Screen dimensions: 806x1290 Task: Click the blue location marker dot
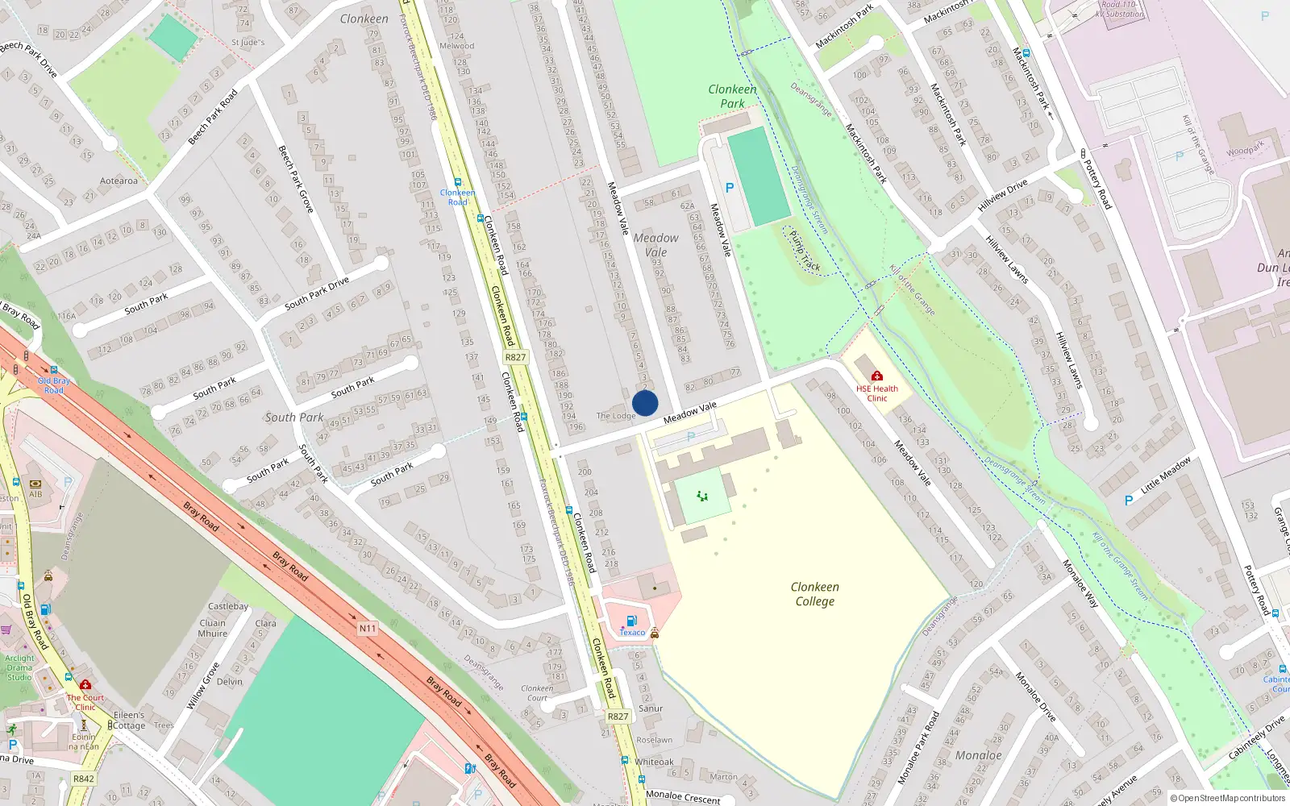[645, 403]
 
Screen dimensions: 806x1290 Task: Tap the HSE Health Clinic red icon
[877, 376]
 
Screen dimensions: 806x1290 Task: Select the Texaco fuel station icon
[632, 621]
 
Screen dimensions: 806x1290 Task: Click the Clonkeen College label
[814, 594]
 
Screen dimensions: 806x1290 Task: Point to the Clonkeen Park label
[732, 96]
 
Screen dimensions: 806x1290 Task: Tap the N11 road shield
[368, 628]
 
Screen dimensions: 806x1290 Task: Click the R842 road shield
[84, 779]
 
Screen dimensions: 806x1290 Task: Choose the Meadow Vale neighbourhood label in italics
[655, 245]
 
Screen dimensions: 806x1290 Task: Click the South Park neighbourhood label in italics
[293, 418]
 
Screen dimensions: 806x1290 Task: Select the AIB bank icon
[35, 484]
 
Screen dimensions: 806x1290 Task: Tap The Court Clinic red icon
[85, 685]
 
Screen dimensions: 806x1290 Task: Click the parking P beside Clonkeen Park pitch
[730, 188]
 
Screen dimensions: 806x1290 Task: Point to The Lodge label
[616, 416]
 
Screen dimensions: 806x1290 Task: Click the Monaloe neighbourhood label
[978, 755]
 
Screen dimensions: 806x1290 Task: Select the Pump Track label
[804, 251]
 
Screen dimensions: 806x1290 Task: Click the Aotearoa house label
[119, 181]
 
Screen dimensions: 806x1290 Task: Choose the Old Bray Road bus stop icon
[54, 371]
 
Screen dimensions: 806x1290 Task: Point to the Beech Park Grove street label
[295, 179]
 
